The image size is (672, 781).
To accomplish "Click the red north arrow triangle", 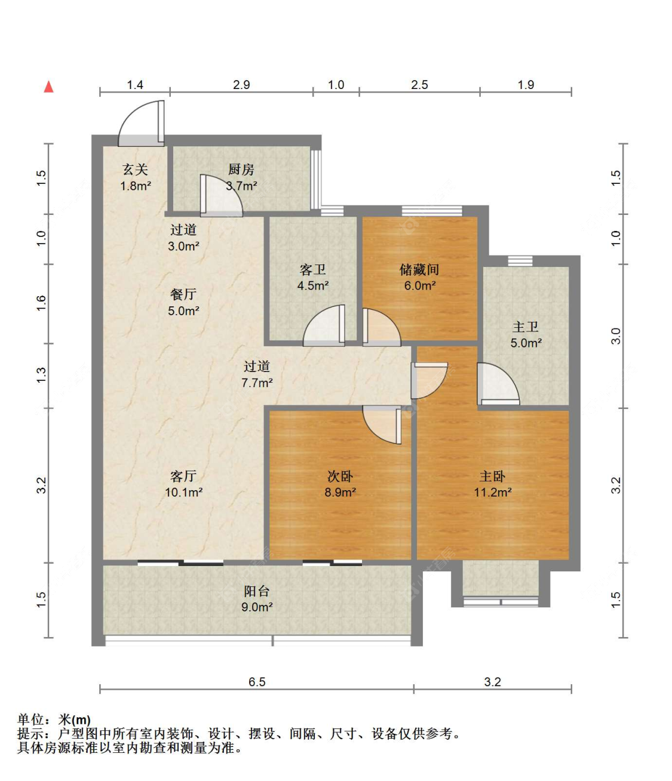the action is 49,87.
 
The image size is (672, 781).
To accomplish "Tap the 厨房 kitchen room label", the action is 241,170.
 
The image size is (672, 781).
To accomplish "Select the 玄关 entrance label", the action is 135,170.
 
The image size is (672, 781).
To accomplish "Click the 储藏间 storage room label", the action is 419,269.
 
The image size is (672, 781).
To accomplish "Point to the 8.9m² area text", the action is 340,493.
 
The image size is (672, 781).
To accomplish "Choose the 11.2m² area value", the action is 493,493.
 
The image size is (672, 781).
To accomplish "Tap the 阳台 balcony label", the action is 257,591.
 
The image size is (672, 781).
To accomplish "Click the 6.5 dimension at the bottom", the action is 257,682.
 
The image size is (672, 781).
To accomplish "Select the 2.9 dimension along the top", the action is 241,85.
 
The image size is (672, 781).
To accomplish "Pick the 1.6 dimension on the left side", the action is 41,303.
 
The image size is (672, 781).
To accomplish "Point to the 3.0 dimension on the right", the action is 616,336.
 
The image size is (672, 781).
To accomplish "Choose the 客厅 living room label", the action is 183,476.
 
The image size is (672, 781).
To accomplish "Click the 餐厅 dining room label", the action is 183,294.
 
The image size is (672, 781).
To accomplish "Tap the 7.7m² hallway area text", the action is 257,383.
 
